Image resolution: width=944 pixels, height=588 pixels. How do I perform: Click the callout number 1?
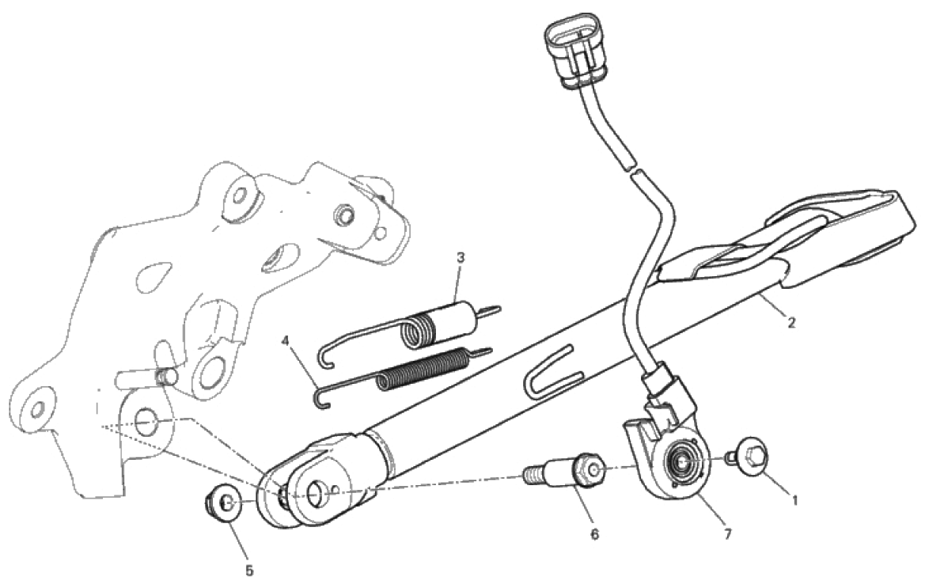pyautogui.click(x=794, y=499)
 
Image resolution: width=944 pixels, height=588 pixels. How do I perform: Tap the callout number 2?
pyautogui.click(x=792, y=323)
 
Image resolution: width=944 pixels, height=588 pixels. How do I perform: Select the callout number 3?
pyautogui.click(x=461, y=258)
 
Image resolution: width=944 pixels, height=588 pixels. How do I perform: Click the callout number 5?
pyautogui.click(x=249, y=571)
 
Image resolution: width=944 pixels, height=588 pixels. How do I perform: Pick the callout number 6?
pyautogui.click(x=594, y=534)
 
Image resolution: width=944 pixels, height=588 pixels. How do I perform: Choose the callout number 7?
pyautogui.click(x=728, y=534)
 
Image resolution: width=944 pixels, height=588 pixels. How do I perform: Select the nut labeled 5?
pyautogui.click(x=224, y=501)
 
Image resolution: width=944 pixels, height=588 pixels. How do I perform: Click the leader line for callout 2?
pyautogui.click(x=772, y=305)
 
